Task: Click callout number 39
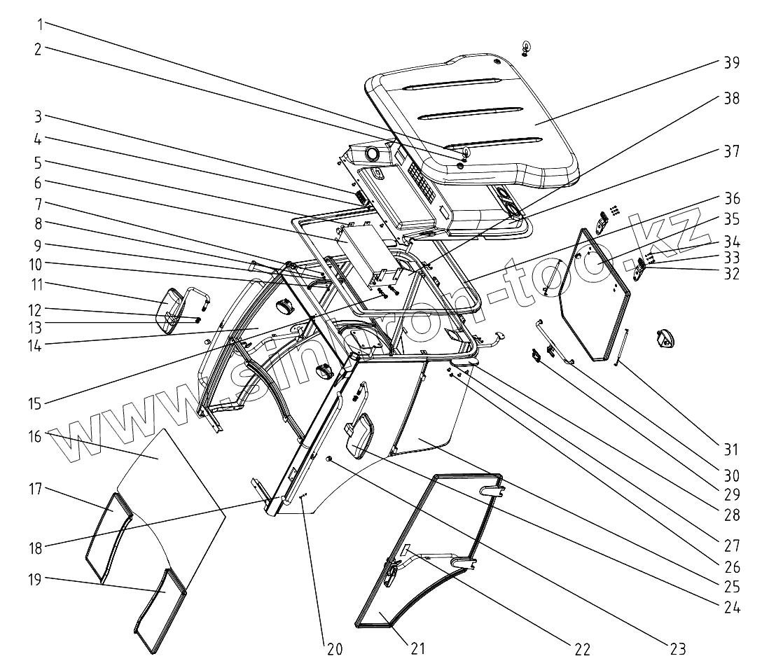731,62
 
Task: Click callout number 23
677,648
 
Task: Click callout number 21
417,648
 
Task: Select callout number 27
731,541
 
